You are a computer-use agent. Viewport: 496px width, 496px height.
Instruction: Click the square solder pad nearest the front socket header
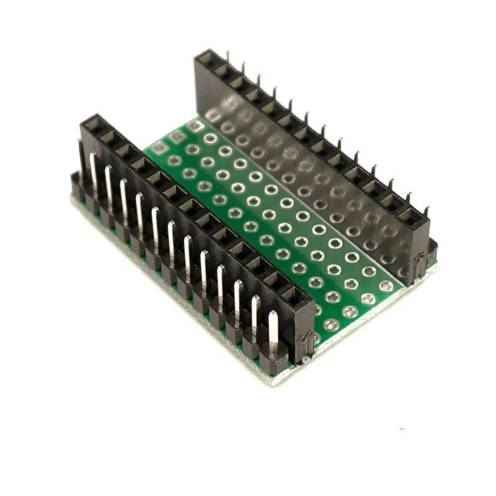[x=159, y=147]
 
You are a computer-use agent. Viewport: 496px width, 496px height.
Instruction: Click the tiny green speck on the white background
[x=401, y=429]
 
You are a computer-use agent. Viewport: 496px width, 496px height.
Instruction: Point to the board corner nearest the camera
[x=273, y=382]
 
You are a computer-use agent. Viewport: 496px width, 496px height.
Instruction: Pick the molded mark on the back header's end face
[x=420, y=260]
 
